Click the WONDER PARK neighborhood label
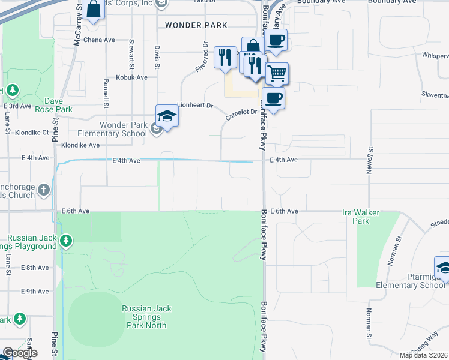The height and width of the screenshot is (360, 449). click(196, 25)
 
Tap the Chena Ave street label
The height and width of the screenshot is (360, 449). click(100, 40)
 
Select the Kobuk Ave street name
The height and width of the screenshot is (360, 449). click(132, 77)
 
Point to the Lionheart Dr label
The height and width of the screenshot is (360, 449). click(195, 105)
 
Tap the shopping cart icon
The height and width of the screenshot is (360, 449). click(277, 74)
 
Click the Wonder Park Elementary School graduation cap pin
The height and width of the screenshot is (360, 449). click(167, 116)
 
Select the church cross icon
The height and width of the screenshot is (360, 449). click(43, 190)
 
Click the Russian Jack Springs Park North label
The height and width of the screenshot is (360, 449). click(146, 317)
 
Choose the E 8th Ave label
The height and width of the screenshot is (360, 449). click(34, 268)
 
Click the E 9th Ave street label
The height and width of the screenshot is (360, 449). click(34, 292)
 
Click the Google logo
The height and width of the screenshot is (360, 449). click(19, 353)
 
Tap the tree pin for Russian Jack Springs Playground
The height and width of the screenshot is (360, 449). click(66, 241)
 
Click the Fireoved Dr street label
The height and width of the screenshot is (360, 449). click(201, 58)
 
